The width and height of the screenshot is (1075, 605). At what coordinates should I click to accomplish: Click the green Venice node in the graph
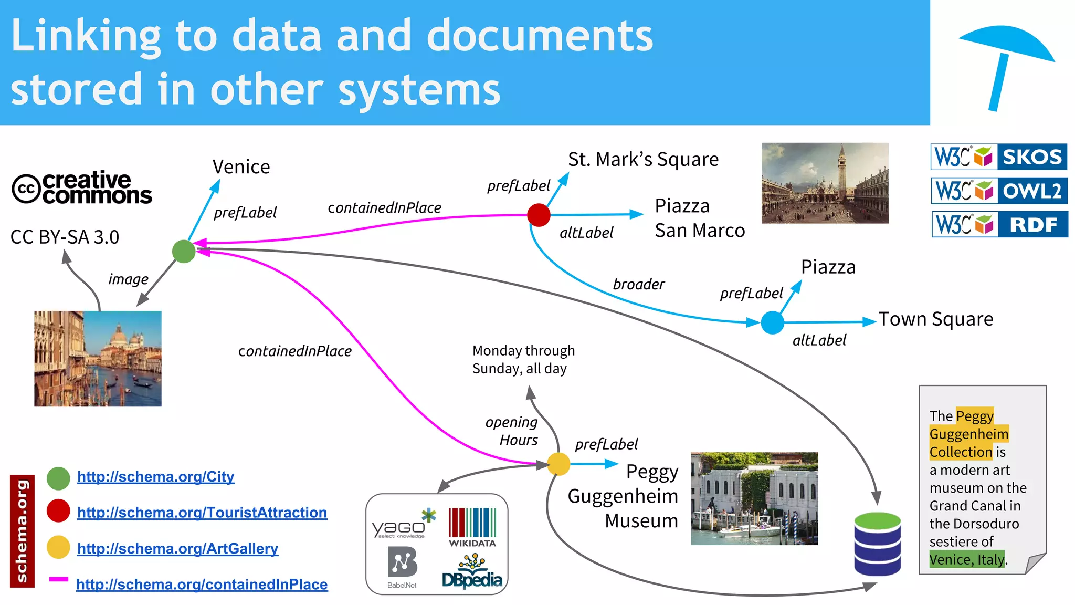[184, 252]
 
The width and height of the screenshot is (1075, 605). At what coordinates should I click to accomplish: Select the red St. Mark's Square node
[539, 215]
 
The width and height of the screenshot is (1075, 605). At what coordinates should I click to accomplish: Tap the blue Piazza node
[772, 322]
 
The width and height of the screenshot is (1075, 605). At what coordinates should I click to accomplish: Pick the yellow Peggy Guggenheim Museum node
[558, 464]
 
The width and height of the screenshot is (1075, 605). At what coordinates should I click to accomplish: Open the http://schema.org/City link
[155, 477]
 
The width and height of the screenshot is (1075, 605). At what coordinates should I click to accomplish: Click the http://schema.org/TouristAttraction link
[202, 513]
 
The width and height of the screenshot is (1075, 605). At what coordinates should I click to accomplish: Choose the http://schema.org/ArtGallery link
[177, 549]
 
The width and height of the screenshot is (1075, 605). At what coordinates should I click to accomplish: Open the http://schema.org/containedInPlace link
[202, 585]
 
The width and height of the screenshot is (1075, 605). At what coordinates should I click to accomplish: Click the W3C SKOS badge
[999, 157]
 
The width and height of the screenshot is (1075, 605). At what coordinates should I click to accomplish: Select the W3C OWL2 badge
[999, 191]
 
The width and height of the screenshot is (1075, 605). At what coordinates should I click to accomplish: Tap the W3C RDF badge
[999, 225]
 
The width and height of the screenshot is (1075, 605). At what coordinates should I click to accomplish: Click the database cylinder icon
[877, 544]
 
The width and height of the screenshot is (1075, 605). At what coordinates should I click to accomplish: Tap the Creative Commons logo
[82, 188]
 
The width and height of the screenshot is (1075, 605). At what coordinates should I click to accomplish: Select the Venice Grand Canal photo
[98, 359]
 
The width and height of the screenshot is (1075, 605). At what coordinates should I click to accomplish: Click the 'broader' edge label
[638, 285]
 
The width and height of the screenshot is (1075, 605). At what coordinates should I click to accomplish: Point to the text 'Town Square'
[936, 319]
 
